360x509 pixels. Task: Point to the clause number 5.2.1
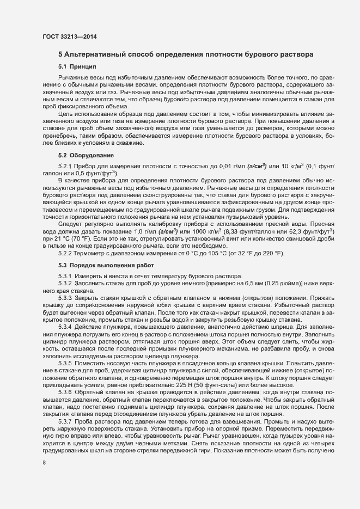65,165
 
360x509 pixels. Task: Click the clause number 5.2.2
65,254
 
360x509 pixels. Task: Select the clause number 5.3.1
65,276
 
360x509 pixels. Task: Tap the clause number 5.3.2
65,283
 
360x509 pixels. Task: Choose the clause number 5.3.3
65,299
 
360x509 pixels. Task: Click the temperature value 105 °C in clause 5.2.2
218,254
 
